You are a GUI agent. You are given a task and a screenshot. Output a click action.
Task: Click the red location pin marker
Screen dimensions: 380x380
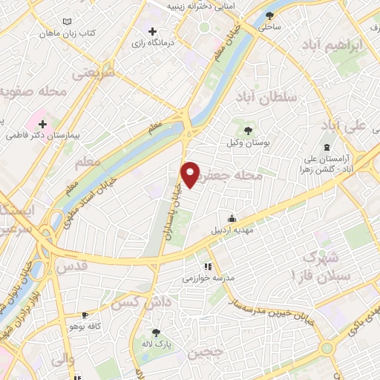[191, 174]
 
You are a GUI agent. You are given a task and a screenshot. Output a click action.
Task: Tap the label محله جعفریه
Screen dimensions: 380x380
[238, 176]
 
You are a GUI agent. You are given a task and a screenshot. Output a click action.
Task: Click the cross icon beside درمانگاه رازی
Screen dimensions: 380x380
[152, 32]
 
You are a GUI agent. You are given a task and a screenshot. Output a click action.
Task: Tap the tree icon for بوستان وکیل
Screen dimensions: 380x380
[248, 131]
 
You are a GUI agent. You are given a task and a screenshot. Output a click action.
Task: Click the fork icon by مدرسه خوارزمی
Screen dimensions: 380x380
[208, 266]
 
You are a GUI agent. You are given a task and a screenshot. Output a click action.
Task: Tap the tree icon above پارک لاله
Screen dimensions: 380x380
[156, 332]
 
